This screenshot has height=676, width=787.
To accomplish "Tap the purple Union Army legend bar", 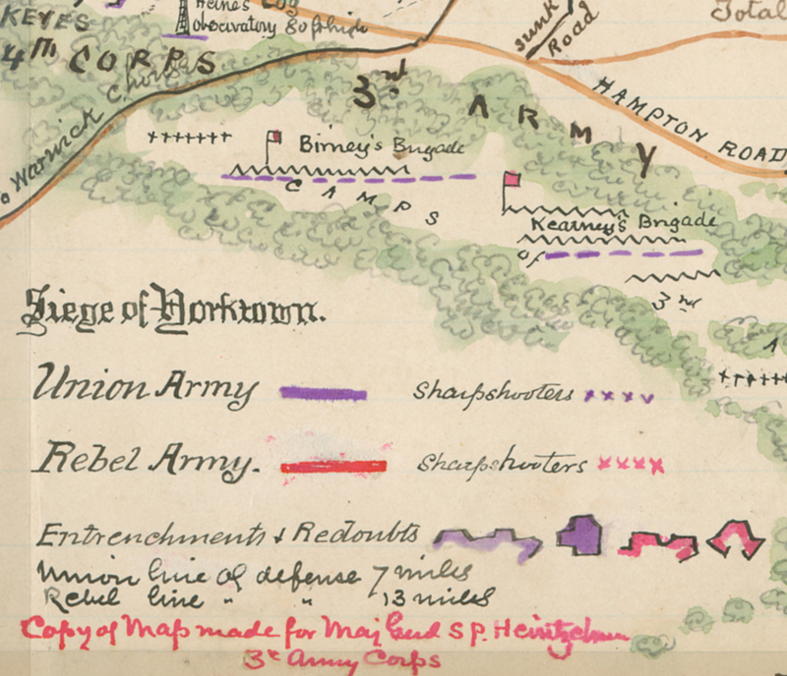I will point(324,393).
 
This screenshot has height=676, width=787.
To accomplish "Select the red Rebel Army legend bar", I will point(333,467).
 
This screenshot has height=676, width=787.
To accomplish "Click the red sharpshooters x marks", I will point(631,463).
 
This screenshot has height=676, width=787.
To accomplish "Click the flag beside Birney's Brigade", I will point(275,138).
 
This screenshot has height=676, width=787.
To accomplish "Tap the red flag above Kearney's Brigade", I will point(511,180).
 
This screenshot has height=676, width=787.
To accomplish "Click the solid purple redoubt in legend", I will point(579,534).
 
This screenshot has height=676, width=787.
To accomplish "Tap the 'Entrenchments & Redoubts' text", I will point(231,536).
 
